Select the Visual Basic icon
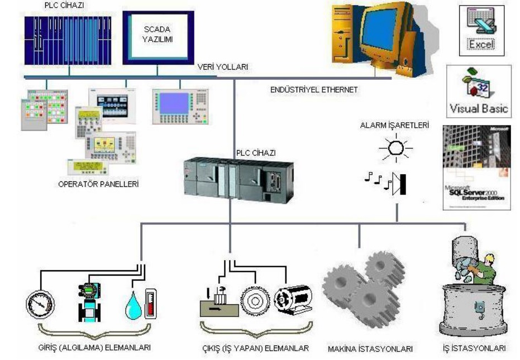point(479,90)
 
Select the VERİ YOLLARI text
point(223,67)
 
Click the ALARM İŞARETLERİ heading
point(395,126)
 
